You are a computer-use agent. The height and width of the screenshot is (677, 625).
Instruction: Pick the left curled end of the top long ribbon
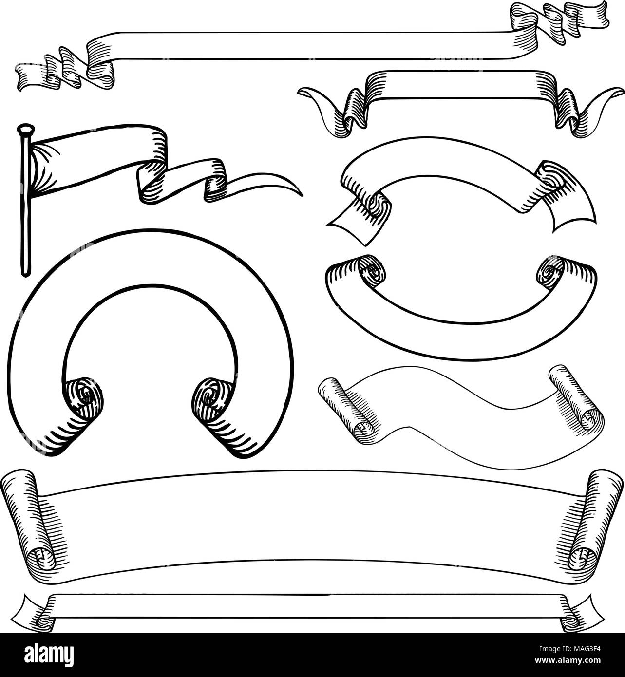[29, 78]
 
